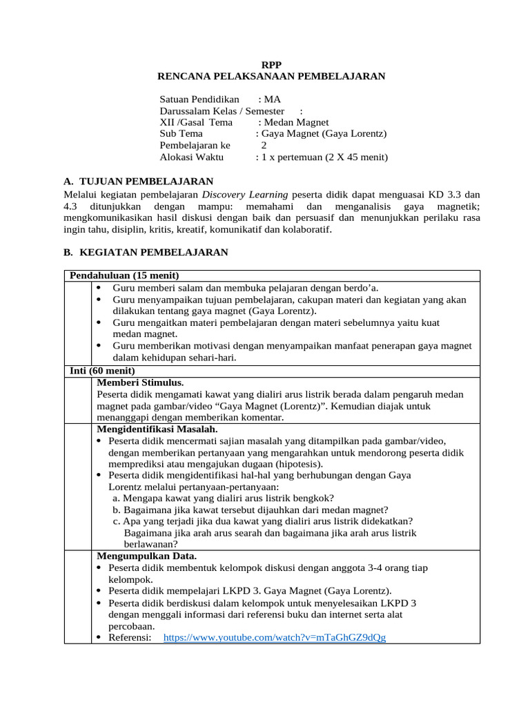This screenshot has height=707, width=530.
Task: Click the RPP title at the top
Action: [271, 64]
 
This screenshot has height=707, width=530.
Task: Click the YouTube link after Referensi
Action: [275, 637]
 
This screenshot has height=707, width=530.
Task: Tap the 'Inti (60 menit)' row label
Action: [103, 371]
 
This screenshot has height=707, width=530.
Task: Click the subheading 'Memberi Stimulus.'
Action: [140, 382]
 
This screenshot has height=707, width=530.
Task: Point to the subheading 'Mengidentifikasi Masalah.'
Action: [157, 429]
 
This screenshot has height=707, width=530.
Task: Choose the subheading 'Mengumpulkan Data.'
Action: [147, 556]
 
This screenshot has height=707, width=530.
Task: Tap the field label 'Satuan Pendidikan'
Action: [199, 99]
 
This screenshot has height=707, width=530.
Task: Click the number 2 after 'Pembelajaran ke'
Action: [264, 146]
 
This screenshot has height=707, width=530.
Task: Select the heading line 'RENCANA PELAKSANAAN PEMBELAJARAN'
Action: [271, 76]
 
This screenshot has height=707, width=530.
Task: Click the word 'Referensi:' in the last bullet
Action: [130, 637]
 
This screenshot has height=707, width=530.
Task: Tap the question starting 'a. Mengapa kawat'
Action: [224, 498]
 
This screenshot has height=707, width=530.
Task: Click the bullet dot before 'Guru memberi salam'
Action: [100, 287]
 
